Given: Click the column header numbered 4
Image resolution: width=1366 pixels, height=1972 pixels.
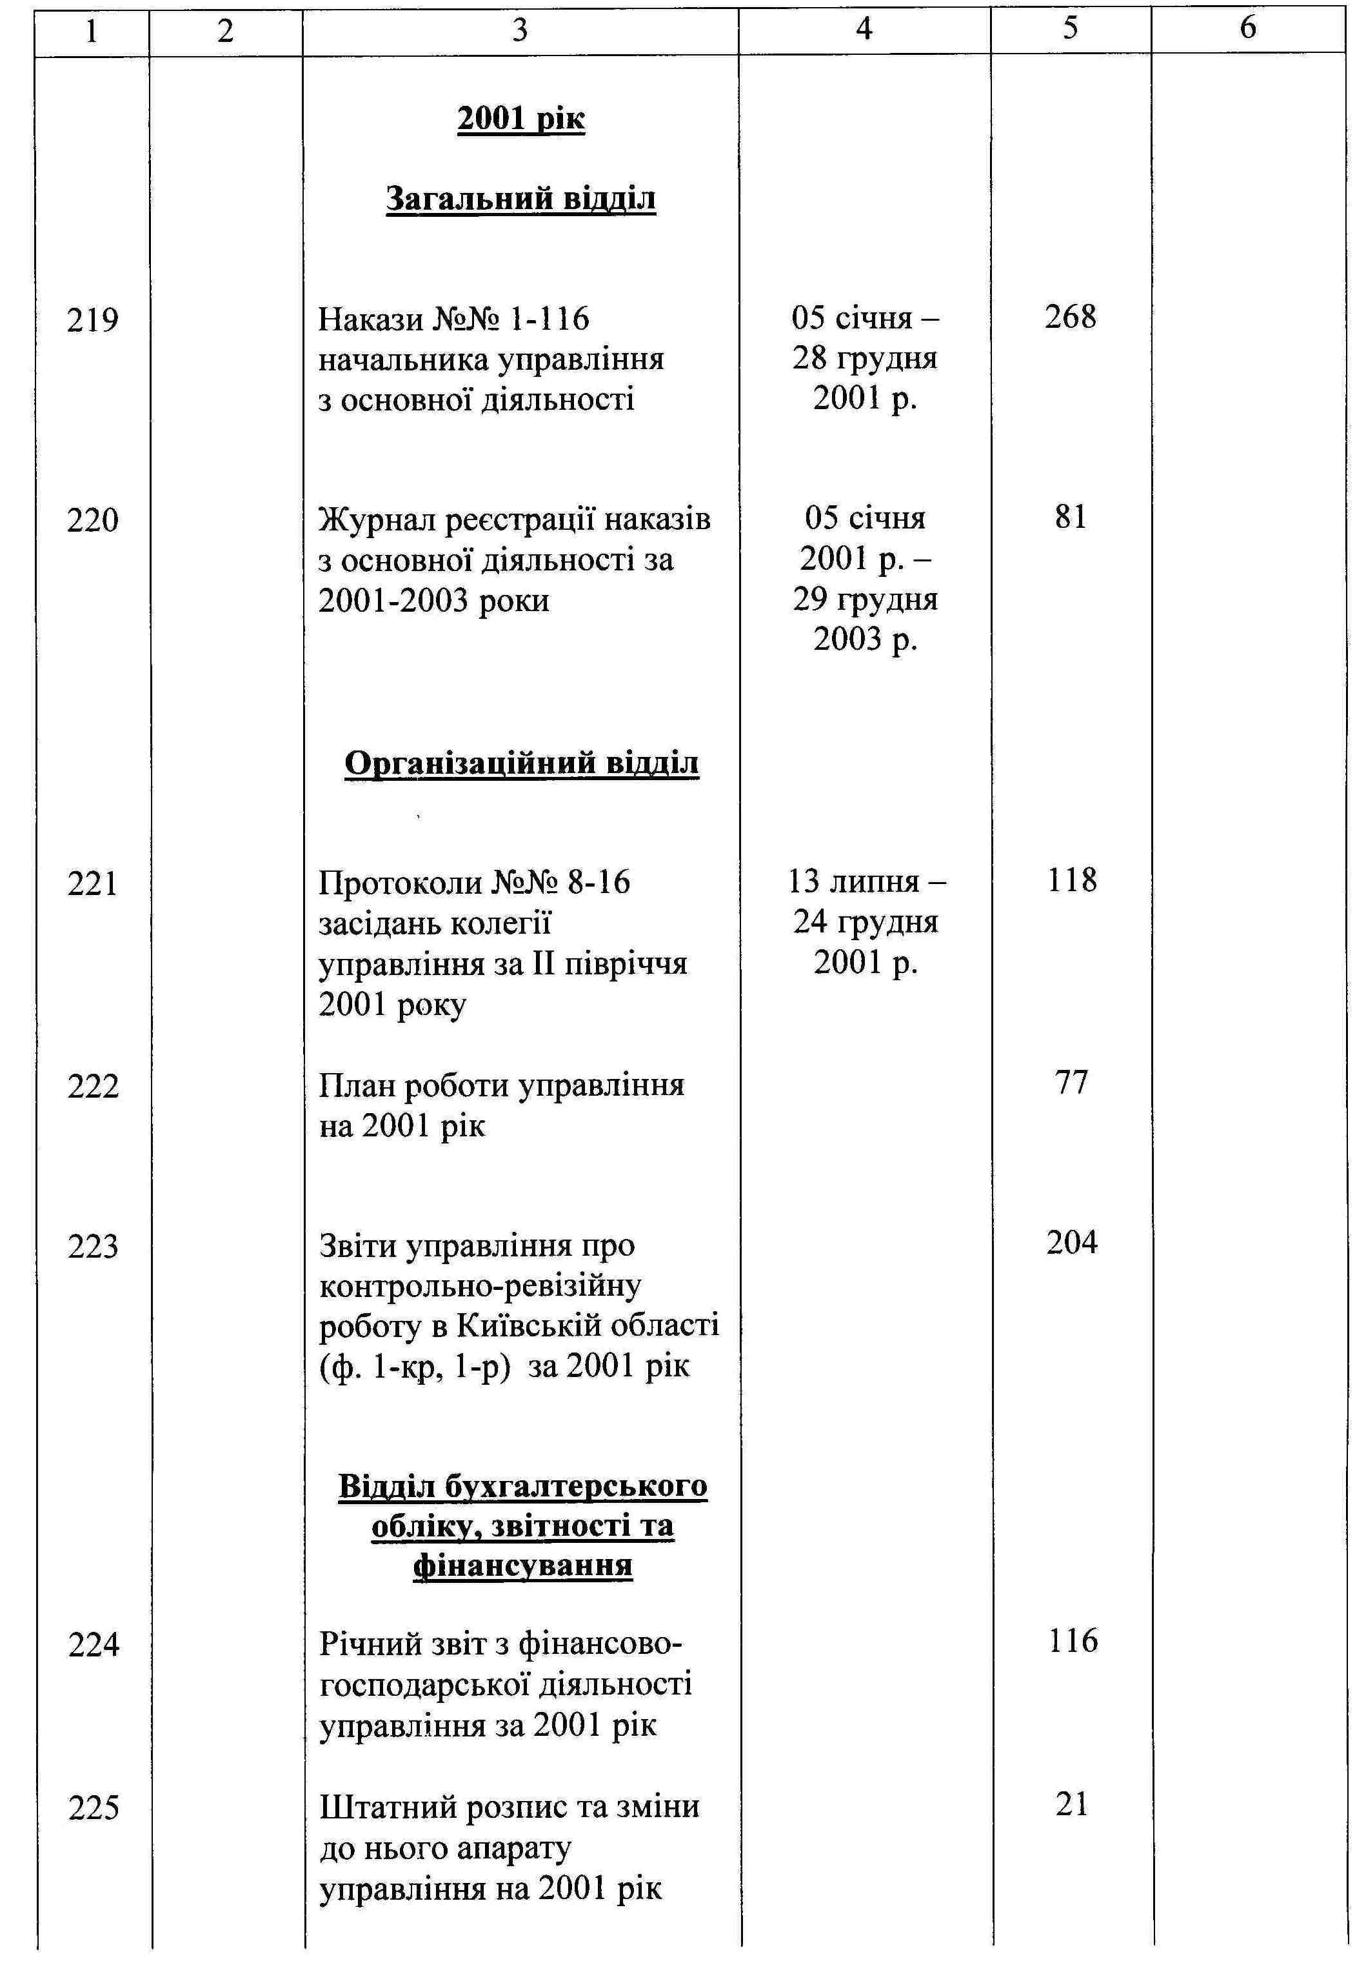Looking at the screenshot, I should point(864,29).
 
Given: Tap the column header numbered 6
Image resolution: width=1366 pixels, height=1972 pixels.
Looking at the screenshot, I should point(1247,29).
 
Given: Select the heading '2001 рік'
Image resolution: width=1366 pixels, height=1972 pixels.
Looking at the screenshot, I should point(520,118).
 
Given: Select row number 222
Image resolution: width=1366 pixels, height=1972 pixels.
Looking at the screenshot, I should point(92,1087).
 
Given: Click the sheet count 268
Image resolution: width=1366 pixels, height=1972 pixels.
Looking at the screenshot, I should point(1070,317).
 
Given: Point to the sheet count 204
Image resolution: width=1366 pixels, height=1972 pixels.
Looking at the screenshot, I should point(1071,1242).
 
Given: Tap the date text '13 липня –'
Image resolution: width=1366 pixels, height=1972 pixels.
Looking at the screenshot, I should point(866,881).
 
